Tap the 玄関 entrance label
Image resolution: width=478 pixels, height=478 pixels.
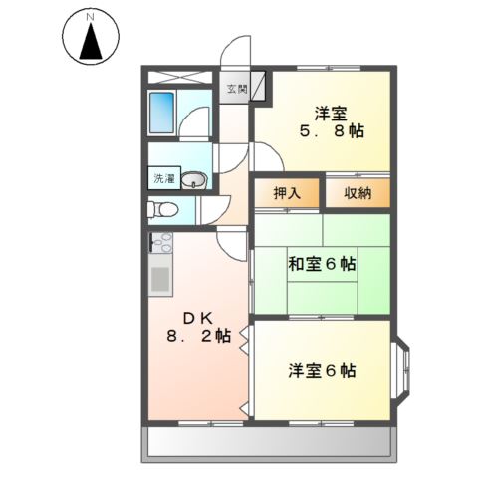click(235, 90)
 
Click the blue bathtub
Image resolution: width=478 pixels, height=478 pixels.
click(163, 114)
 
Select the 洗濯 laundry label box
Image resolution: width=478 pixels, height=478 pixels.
click(162, 180)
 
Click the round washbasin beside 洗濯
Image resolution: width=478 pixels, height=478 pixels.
click(195, 180)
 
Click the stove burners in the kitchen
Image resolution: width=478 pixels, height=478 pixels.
click(161, 242)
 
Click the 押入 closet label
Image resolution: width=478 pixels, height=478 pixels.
click(287, 192)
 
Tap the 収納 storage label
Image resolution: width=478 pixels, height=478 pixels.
click(358, 192)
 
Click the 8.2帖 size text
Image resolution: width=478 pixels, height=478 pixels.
click(199, 337)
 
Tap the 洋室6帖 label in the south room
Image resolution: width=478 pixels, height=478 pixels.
click(322, 371)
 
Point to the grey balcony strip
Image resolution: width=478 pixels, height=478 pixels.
click(270, 441)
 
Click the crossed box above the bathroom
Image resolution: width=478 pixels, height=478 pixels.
click(180, 76)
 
